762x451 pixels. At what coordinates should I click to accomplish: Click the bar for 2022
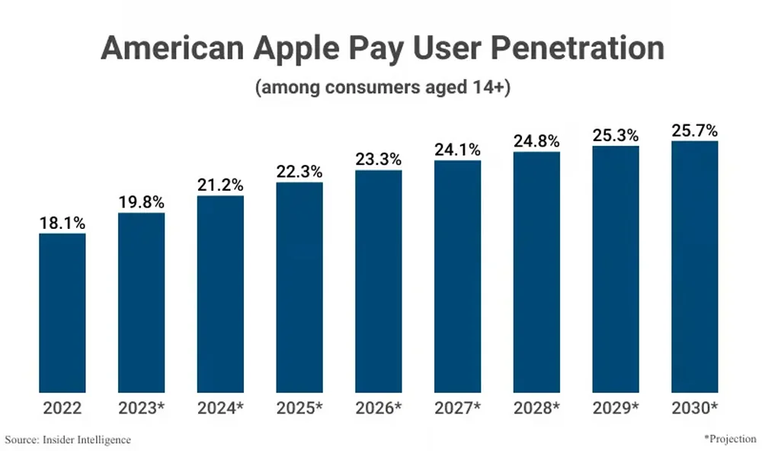(62, 313)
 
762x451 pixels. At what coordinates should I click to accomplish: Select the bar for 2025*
(299, 287)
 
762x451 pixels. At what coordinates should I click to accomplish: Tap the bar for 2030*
(694, 266)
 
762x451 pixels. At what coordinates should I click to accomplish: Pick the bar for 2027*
(457, 276)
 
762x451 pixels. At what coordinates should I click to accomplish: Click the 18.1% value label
(62, 224)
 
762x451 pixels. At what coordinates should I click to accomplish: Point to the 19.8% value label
(141, 203)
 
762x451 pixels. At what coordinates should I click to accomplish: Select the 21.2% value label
(220, 185)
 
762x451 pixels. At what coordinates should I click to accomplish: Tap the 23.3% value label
(378, 160)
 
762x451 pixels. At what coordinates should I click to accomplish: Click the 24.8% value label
(536, 142)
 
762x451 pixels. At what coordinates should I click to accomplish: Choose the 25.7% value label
(694, 131)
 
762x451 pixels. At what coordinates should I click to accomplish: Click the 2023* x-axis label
(141, 408)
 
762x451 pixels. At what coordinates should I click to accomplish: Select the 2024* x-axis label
(220, 408)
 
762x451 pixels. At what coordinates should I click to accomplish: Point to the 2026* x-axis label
(378, 408)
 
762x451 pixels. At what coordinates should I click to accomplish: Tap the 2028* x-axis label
(536, 408)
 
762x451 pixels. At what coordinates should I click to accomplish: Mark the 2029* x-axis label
(615, 408)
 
